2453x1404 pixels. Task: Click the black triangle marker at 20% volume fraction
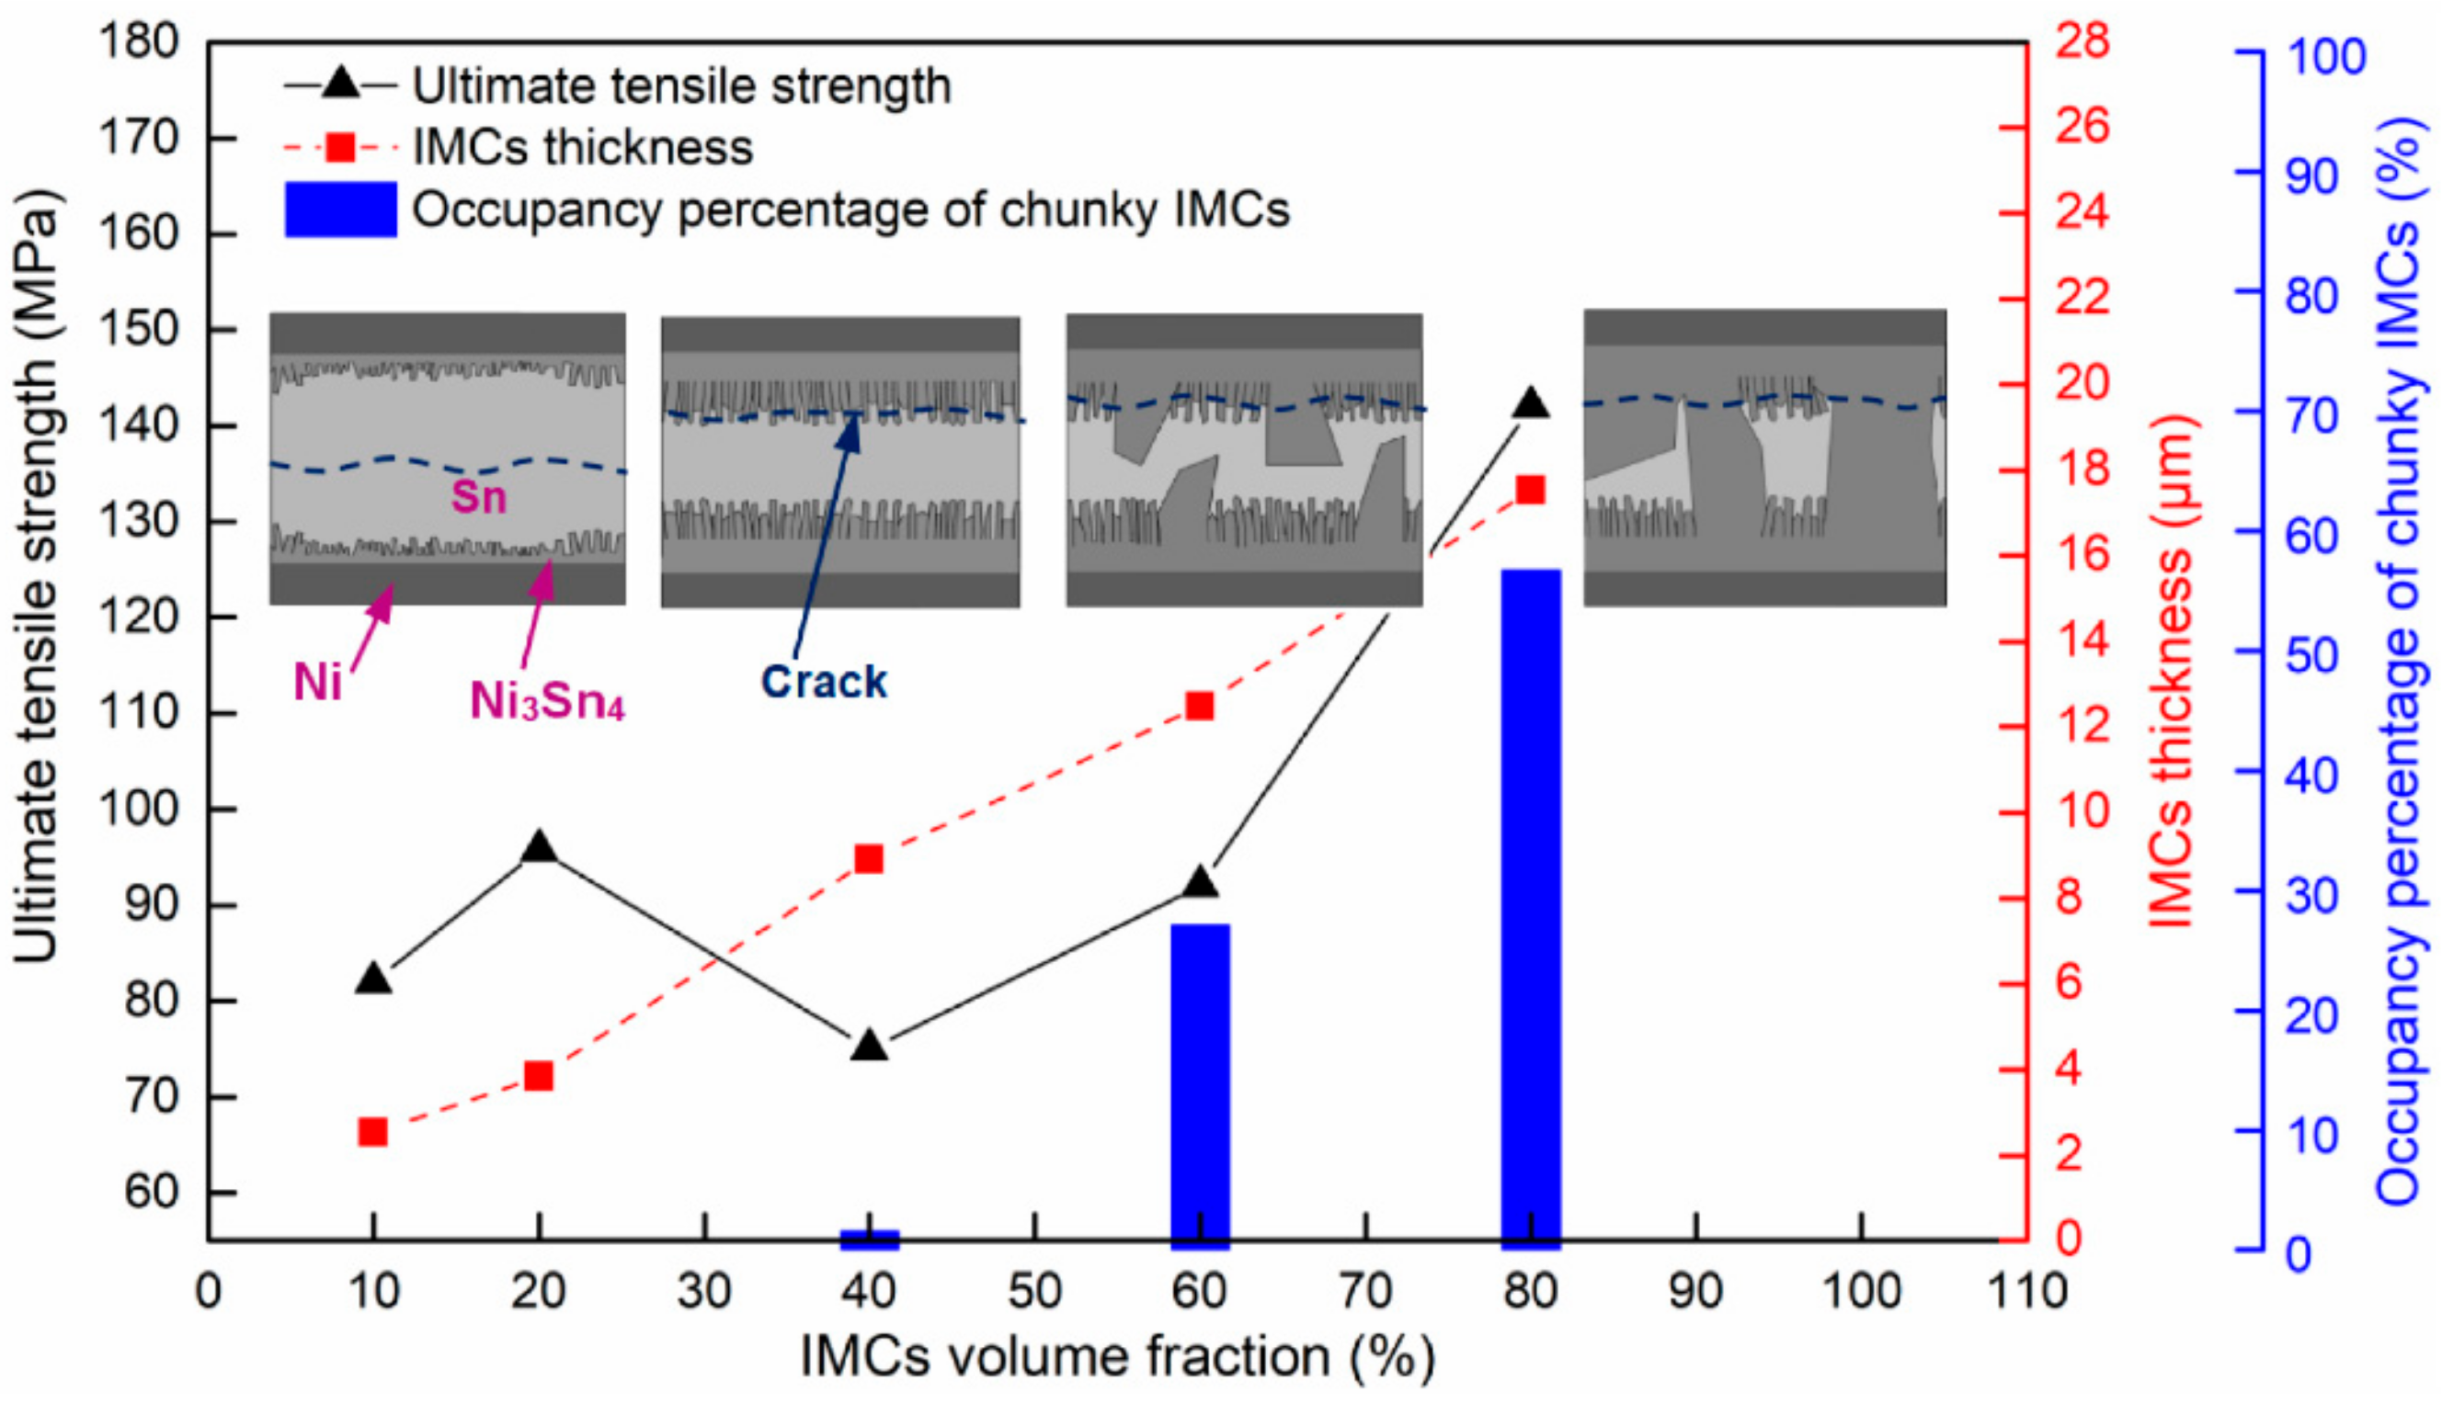[x=539, y=847]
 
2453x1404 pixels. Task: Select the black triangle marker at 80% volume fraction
[x=1531, y=402]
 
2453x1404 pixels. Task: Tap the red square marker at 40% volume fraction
[x=869, y=858]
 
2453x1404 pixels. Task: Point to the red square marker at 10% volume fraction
[x=372, y=1132]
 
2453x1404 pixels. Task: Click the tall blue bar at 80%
[x=1531, y=906]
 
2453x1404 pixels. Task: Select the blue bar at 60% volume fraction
[x=1200, y=1085]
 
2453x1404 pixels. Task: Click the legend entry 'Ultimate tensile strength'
[x=681, y=85]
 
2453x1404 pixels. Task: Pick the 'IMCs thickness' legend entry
[x=583, y=148]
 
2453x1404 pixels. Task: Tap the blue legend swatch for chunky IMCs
[x=340, y=209]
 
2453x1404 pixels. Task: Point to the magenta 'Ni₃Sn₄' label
[x=547, y=701]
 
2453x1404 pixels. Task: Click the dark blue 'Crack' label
[x=823, y=682]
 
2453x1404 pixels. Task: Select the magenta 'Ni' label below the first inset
[x=317, y=683]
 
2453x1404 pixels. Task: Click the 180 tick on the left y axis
[x=139, y=41]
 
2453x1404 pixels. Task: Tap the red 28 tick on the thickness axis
[x=2083, y=41]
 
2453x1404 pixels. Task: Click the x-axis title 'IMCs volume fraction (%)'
[x=1117, y=1357]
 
